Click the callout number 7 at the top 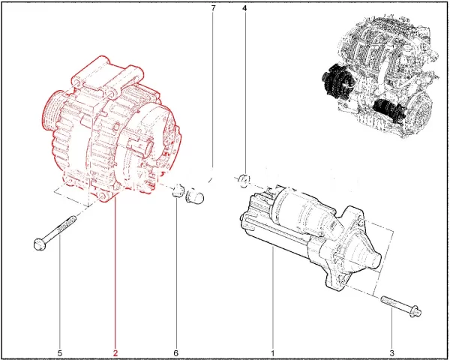[213, 8]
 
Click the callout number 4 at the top [244, 8]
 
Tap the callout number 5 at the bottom [60, 352]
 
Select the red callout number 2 [115, 352]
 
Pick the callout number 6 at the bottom [176, 352]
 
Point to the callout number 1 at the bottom [273, 352]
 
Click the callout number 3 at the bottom [391, 352]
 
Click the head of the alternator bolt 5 [39, 244]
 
